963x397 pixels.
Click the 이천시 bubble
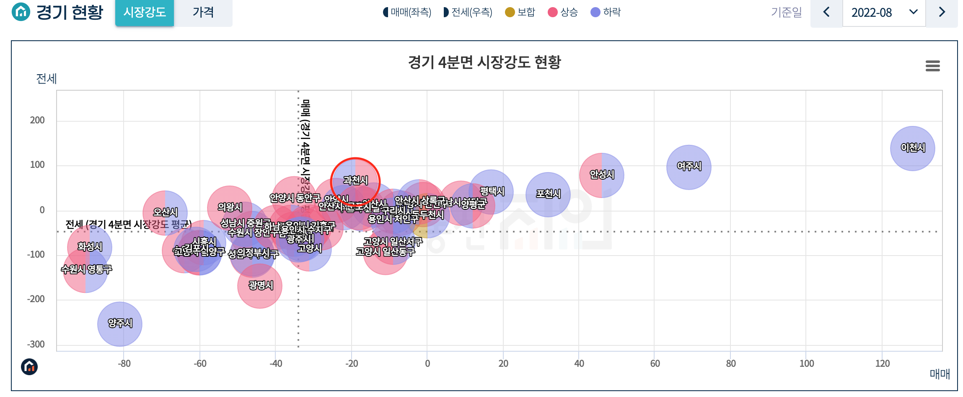click(912, 148)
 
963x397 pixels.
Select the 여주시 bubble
click(689, 167)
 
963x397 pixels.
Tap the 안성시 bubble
click(601, 175)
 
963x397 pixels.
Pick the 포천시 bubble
click(548, 194)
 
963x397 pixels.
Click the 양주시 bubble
click(120, 324)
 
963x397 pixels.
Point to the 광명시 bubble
click(260, 286)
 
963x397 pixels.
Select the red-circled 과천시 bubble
click(355, 181)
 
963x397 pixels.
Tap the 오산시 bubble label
click(165, 212)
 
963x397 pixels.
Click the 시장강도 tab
click(145, 12)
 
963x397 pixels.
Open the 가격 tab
click(203, 12)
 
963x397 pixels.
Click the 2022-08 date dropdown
click(883, 13)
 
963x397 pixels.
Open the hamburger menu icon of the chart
click(932, 66)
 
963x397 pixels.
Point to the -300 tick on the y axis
click(36, 344)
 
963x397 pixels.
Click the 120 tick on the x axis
click(882, 363)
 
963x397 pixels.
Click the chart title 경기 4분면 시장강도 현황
click(484, 63)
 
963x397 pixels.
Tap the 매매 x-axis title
click(940, 374)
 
